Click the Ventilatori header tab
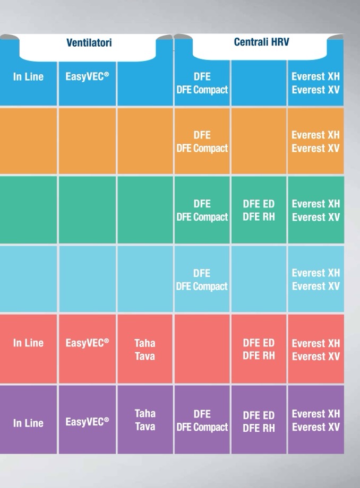[89, 43]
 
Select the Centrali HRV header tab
[261, 42]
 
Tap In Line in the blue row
[28, 77]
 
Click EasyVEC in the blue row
[87, 77]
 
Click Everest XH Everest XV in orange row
[315, 142]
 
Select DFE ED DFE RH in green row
[259, 210]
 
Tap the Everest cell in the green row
[315, 210]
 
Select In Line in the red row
[28, 343]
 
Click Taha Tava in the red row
[145, 350]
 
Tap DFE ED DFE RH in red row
[259, 349]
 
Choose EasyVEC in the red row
[87, 343]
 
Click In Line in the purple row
[28, 423]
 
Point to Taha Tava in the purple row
[145, 420]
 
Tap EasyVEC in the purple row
[87, 422]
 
